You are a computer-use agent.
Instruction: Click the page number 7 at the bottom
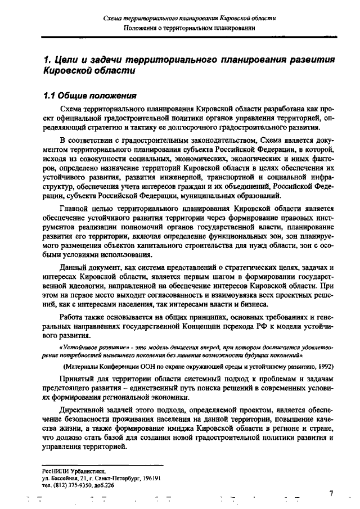point(331,493)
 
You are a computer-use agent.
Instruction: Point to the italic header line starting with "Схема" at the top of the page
point(190,19)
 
